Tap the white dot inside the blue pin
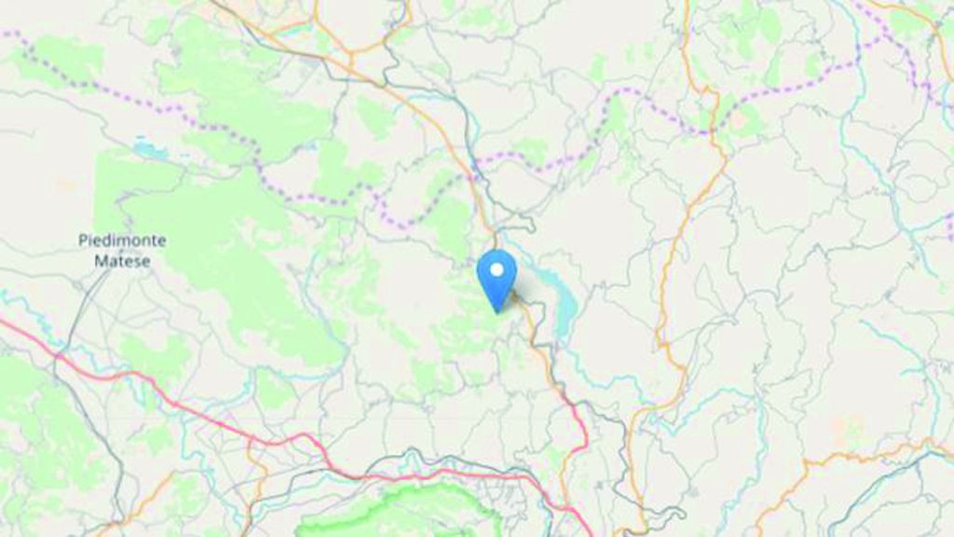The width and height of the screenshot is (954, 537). tap(497, 269)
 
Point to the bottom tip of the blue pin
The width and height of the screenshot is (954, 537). tap(497, 310)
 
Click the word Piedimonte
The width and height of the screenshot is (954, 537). tap(122, 241)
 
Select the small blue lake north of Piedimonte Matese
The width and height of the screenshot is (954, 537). tap(144, 148)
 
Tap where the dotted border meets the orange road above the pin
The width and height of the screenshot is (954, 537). tap(474, 173)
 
